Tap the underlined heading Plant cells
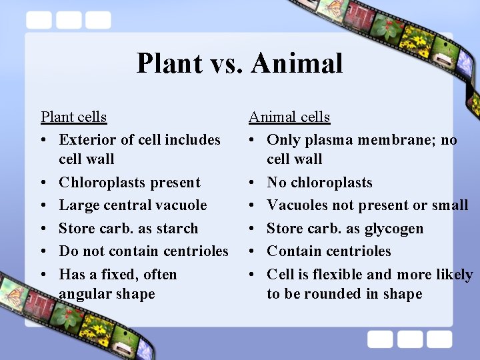(x=73, y=117)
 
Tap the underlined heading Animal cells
(x=289, y=117)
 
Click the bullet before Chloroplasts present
(x=43, y=183)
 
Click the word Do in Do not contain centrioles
(x=68, y=251)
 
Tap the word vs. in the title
(x=224, y=63)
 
